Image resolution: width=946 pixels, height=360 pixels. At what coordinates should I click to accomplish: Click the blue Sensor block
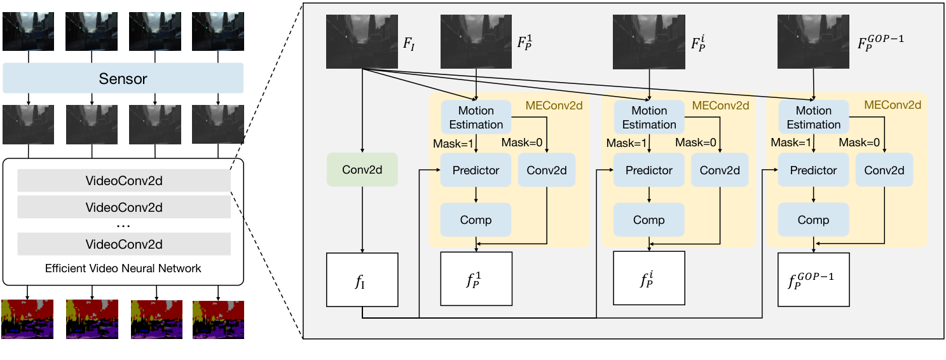point(123,78)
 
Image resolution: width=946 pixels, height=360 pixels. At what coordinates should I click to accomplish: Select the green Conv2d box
point(362,170)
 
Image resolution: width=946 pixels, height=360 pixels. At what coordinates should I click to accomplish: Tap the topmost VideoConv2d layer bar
point(123,181)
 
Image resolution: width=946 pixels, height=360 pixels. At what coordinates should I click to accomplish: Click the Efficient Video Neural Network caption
point(123,268)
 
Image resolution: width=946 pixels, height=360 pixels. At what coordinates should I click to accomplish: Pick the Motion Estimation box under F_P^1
point(476,118)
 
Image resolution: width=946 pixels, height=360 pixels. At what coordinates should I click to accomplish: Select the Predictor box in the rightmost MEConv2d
point(813,170)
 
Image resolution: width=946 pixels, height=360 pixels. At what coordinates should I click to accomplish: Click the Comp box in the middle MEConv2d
point(648,220)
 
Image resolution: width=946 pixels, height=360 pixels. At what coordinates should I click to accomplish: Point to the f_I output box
point(362,279)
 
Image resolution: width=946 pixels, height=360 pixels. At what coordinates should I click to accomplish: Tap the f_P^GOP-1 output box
point(814,279)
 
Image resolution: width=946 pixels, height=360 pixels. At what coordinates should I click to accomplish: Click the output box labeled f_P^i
point(648,279)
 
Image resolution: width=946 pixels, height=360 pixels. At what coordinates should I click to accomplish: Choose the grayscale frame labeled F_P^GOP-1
point(814,42)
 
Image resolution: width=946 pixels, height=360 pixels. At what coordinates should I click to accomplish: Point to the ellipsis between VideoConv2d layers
point(123,226)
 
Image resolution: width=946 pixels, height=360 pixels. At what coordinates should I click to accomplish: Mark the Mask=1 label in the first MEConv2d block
point(453,142)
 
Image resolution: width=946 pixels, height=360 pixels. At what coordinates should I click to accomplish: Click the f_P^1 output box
point(476,279)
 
